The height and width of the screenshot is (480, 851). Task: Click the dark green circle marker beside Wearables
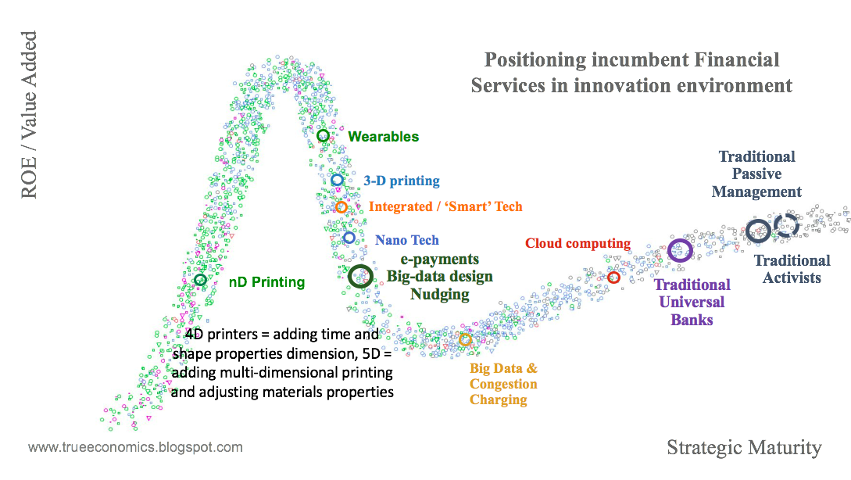323,136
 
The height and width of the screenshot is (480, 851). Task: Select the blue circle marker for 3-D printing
337,180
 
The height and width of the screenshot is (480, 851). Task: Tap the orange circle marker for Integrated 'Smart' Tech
341,207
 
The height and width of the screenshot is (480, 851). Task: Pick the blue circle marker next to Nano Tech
349,238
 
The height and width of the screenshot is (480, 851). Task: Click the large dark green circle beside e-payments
360,275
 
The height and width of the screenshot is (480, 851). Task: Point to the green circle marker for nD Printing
200,280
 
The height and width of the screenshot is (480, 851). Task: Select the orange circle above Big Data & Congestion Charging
465,339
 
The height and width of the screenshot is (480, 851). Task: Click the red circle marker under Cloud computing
613,278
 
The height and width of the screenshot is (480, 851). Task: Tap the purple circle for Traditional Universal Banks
680,250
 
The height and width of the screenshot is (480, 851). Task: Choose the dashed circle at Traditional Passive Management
785,227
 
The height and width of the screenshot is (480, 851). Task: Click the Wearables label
384,137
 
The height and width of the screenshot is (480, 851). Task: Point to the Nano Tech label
407,240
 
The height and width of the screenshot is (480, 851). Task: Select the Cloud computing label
577,243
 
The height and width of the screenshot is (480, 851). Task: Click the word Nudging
440,295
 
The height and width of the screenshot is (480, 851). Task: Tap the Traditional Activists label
792,269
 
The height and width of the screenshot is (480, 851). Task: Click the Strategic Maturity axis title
744,448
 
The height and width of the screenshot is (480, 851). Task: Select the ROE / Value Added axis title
29,114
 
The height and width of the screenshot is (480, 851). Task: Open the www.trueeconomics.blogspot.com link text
135,448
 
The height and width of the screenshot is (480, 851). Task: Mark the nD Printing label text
266,281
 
